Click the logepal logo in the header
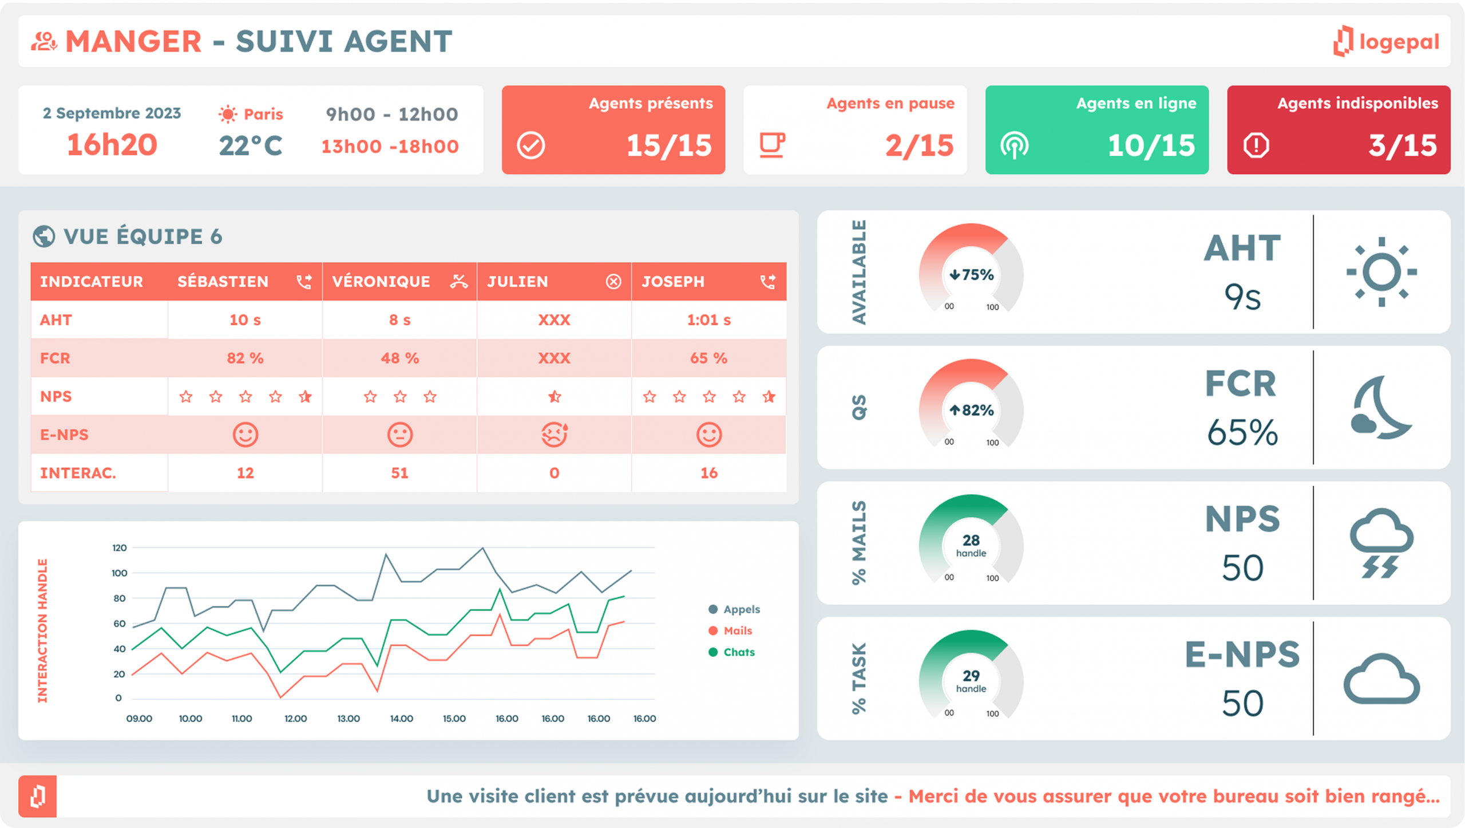pyautogui.click(x=1385, y=41)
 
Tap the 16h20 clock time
pyautogui.click(x=112, y=145)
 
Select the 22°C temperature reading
pyautogui.click(x=251, y=145)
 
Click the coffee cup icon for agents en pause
pyautogui.click(x=772, y=145)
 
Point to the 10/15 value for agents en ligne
pyautogui.click(x=1151, y=145)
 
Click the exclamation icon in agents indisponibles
pyautogui.click(x=1256, y=145)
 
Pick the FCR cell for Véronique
pyautogui.click(x=399, y=358)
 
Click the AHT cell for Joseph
pyautogui.click(x=708, y=320)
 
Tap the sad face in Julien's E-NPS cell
pyautogui.click(x=554, y=435)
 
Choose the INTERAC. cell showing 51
pyautogui.click(x=399, y=473)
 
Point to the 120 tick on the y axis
pyautogui.click(x=119, y=548)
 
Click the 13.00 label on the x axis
pyautogui.click(x=349, y=719)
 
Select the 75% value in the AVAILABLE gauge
pyautogui.click(x=972, y=275)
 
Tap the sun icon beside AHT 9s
pyautogui.click(x=1381, y=272)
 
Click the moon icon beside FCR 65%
pyautogui.click(x=1381, y=408)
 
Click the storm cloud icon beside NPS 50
pyautogui.click(x=1381, y=543)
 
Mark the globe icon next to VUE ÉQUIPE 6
pyautogui.click(x=44, y=236)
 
